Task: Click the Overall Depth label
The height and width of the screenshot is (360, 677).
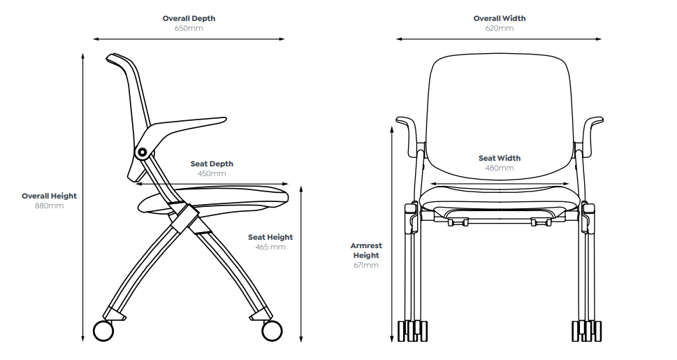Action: pyautogui.click(x=189, y=18)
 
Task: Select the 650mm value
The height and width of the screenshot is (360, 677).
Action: pyautogui.click(x=189, y=29)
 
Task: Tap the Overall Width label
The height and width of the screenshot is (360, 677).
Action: pyautogui.click(x=499, y=18)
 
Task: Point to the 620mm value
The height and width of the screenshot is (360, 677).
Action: pyautogui.click(x=499, y=29)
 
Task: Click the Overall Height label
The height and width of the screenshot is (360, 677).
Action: pyautogui.click(x=49, y=196)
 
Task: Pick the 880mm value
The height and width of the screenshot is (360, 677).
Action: pyautogui.click(x=49, y=206)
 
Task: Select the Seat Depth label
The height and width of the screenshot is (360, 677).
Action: pyautogui.click(x=212, y=164)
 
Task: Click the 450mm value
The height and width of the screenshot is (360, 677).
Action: pyautogui.click(x=212, y=173)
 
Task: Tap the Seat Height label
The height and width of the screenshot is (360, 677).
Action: pyautogui.click(x=270, y=237)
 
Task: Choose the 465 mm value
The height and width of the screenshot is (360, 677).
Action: pyautogui.click(x=270, y=247)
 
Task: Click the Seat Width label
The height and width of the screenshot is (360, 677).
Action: pyautogui.click(x=500, y=158)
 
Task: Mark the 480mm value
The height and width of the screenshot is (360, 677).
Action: pyautogui.click(x=500, y=168)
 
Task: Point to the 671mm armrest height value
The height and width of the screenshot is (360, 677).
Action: pyautogui.click(x=366, y=266)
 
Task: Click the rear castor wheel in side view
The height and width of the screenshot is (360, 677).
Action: pyautogui.click(x=103, y=331)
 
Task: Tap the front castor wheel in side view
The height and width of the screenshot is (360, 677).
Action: pyautogui.click(x=271, y=330)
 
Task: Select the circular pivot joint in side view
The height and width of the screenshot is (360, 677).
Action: pyautogui.click(x=143, y=152)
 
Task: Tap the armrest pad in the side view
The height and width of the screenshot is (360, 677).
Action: pyautogui.click(x=192, y=125)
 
